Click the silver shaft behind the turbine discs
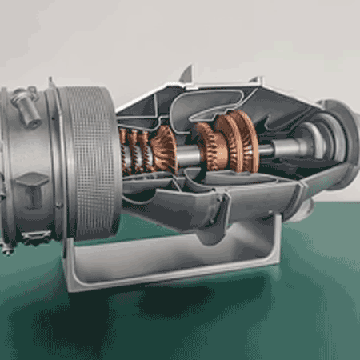coord(276,149)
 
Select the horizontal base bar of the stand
coord(176,272)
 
